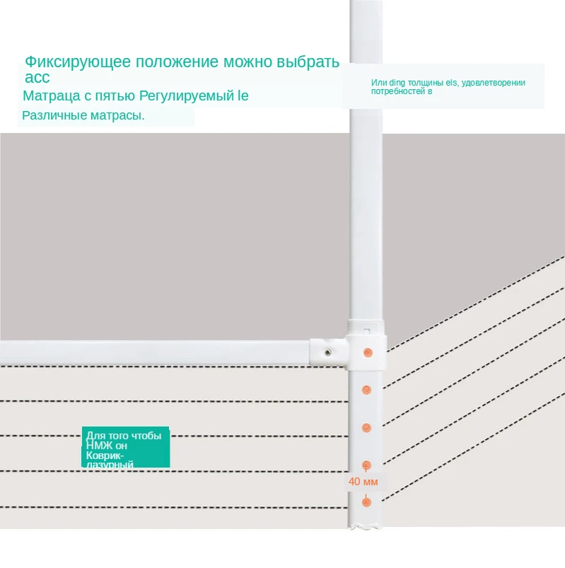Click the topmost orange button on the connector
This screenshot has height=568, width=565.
(366, 352)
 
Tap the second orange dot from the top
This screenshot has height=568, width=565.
(366, 389)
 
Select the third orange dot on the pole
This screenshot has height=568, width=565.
(366, 427)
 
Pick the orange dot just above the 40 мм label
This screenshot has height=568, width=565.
(366, 464)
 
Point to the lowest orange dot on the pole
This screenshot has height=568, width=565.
(366, 502)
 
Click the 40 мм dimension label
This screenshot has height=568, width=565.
(363, 482)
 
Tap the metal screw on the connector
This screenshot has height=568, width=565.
(329, 352)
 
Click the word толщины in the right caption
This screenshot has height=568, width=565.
(422, 83)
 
